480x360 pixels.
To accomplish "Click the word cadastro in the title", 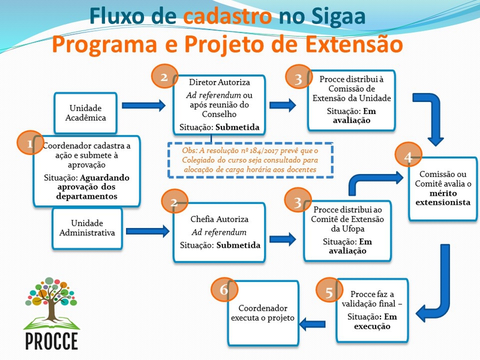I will [227, 16].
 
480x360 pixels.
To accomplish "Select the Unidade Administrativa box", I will [87, 228].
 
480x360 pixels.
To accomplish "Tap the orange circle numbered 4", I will [408, 157].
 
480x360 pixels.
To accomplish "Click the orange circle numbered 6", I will [224, 290].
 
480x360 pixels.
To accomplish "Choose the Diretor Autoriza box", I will [219, 105].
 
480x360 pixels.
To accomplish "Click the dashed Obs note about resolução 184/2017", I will [250, 160].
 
